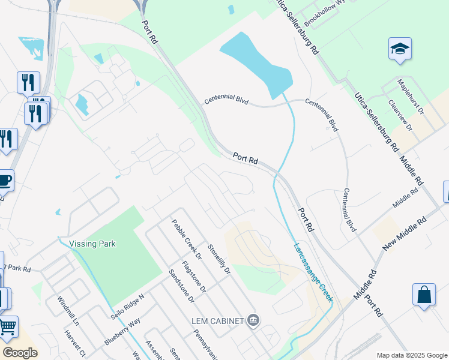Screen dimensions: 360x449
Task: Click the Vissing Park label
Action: coord(92,244)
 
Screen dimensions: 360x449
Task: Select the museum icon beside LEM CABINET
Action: coord(253,321)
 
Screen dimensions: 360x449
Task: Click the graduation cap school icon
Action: coord(399,49)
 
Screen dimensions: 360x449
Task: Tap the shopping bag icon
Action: coord(424,295)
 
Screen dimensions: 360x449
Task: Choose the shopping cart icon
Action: coord(7,327)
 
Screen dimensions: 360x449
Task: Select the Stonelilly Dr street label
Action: coord(219,259)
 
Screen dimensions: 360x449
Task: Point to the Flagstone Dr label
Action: coord(194,276)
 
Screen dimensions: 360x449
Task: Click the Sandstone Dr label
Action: coord(181,284)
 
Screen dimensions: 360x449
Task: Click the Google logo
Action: coord(20,353)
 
